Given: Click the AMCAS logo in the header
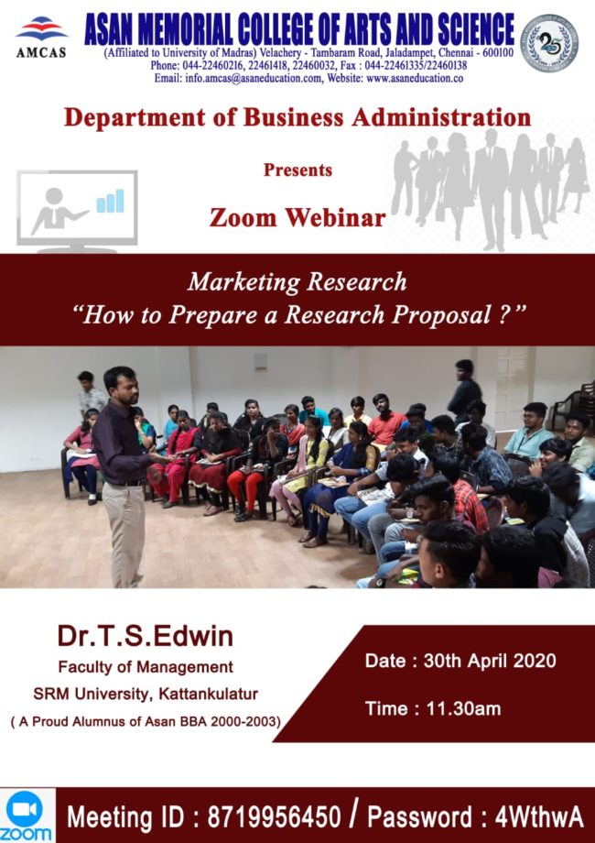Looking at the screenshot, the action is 41,37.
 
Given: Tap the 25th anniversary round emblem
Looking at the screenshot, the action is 549,43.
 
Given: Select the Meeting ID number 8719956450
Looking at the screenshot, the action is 274,817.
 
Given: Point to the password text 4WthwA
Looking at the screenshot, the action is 538,817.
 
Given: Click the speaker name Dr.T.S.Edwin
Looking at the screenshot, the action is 145,636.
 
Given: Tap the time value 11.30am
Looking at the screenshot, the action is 463,708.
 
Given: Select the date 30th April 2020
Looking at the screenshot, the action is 490,661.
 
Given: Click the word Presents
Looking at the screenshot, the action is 297,170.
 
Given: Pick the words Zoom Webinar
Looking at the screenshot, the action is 297,217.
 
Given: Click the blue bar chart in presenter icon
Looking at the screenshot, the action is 110,201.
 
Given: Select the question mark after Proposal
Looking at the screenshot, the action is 503,314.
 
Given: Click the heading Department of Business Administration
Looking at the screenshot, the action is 297,117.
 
